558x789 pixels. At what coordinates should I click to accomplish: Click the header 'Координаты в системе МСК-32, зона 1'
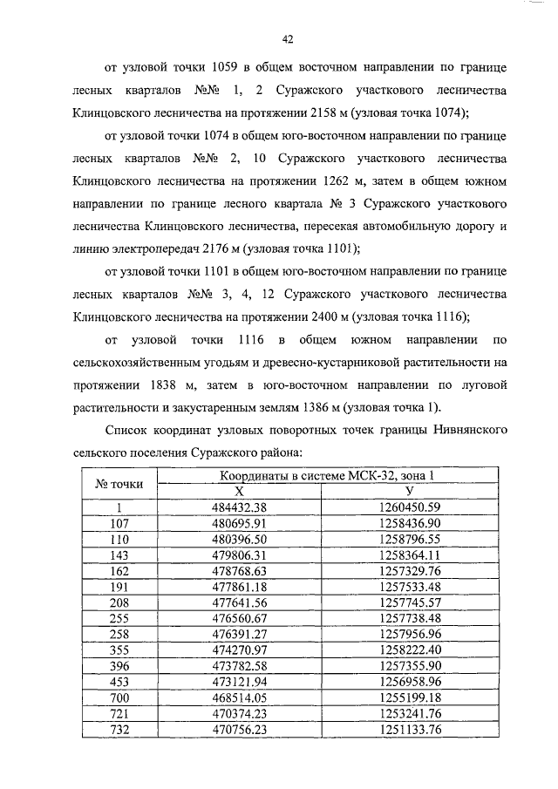point(325,475)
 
